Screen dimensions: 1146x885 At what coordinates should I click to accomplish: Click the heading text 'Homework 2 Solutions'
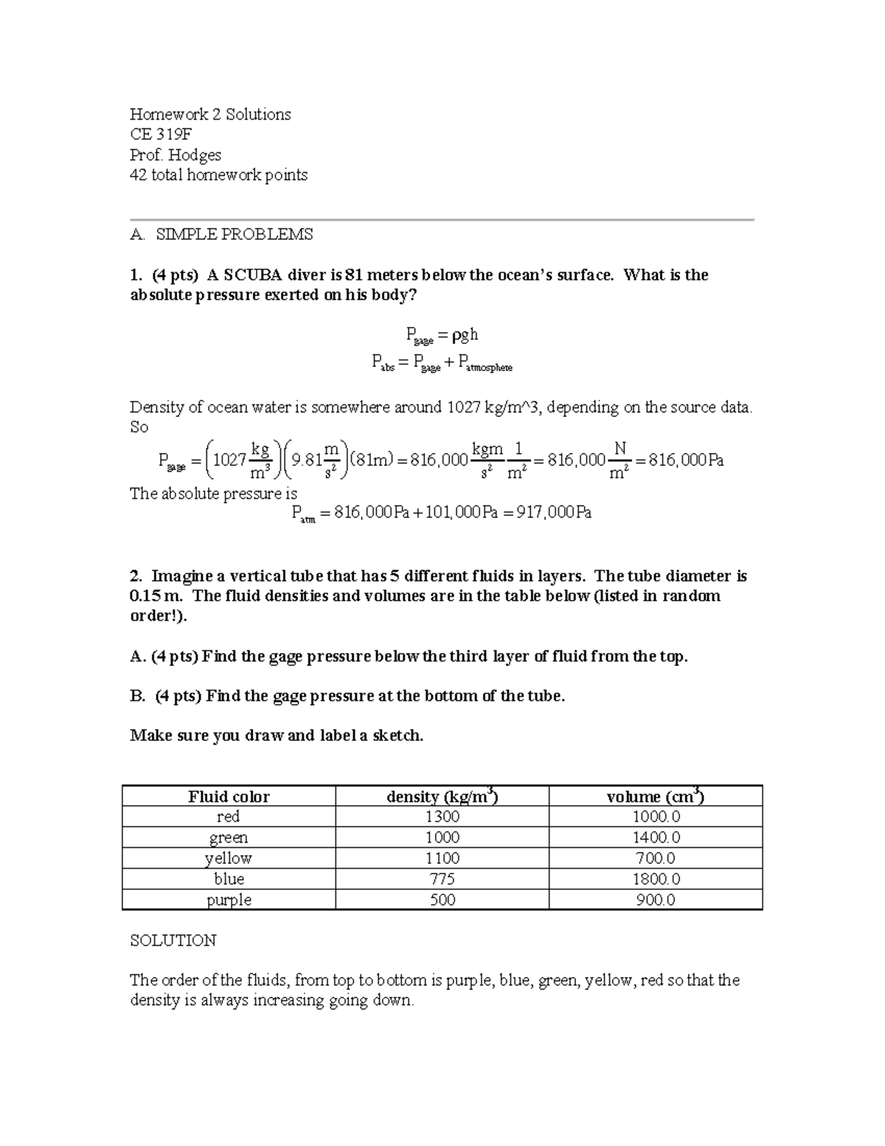pos(210,114)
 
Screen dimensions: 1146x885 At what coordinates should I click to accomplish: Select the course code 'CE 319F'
pos(162,134)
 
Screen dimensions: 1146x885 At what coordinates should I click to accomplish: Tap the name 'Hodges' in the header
pos(194,155)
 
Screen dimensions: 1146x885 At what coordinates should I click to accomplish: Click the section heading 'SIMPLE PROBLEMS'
pos(235,235)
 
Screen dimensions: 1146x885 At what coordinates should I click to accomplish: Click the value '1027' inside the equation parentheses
pos(229,460)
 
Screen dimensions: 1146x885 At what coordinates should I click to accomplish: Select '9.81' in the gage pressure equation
pos(306,460)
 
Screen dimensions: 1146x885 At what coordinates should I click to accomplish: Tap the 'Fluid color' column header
pos(229,797)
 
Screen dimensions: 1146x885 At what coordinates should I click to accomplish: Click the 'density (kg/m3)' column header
pos(442,797)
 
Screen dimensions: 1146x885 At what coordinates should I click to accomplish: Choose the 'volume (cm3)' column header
pos(655,797)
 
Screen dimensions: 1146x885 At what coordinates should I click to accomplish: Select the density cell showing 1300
pos(442,817)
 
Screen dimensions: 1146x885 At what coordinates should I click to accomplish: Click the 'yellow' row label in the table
pos(229,858)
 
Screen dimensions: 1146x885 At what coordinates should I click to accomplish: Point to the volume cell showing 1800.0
pos(655,879)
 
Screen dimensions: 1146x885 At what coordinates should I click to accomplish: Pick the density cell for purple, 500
pos(442,900)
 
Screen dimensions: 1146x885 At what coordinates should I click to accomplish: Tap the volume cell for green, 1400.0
pos(655,838)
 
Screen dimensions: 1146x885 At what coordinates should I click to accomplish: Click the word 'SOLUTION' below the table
pos(173,941)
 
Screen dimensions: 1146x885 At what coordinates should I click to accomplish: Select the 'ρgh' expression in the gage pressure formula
pos(465,335)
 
